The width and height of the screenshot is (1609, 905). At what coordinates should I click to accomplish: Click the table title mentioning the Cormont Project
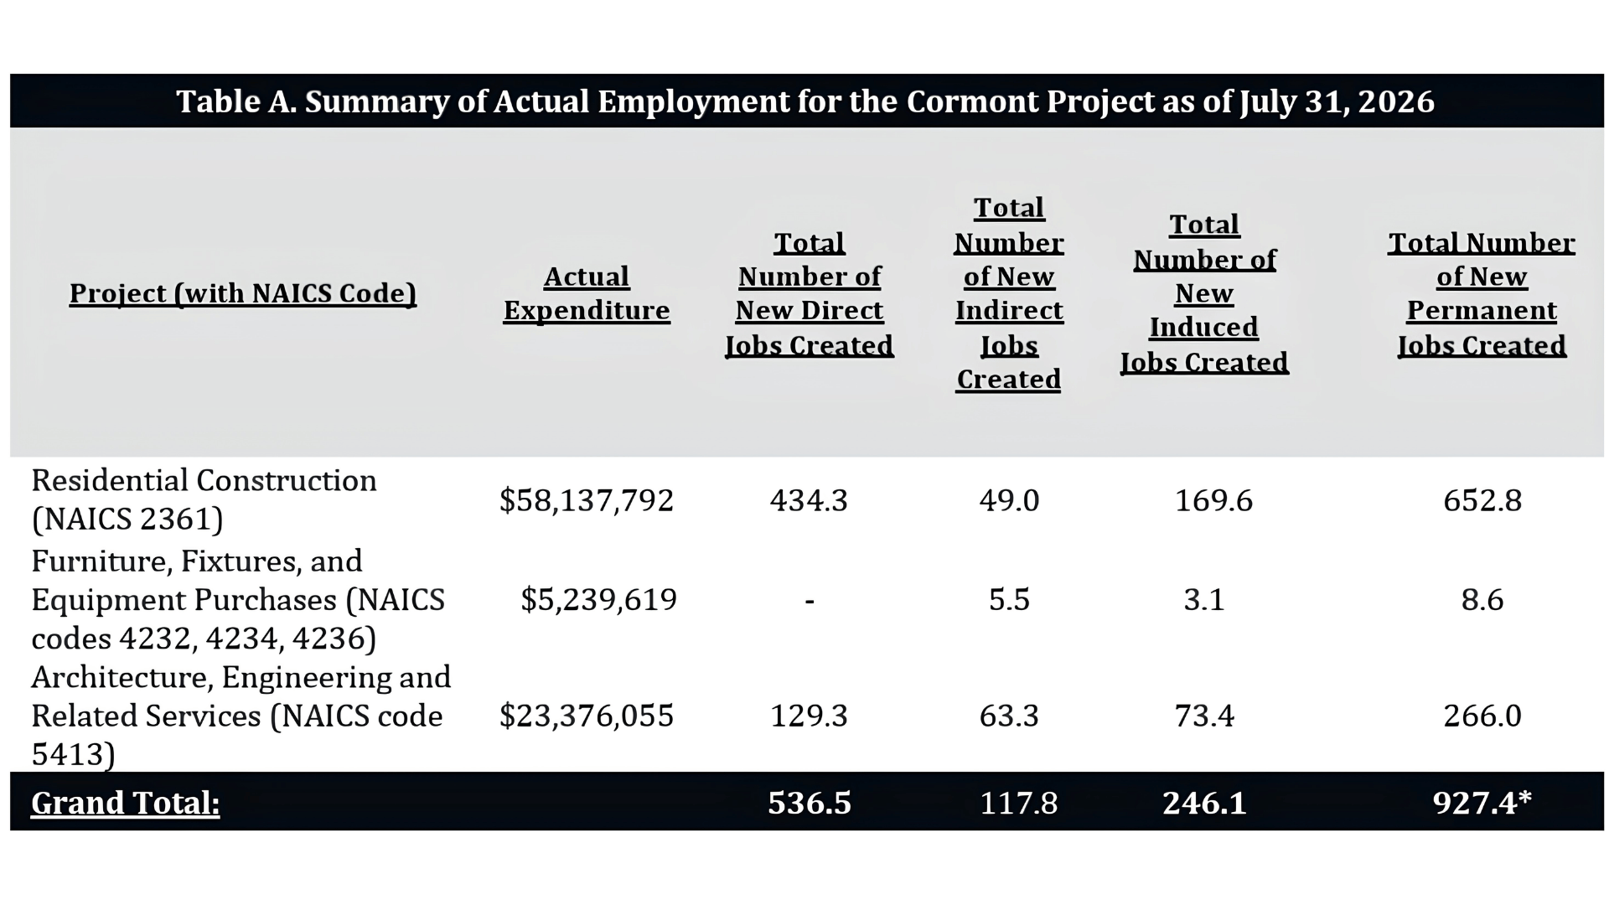tap(805, 101)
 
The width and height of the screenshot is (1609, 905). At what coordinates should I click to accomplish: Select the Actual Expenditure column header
tap(587, 293)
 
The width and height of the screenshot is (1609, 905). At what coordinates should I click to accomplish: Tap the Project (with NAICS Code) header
tap(243, 293)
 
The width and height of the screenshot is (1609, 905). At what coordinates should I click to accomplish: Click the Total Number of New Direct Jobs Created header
tap(810, 294)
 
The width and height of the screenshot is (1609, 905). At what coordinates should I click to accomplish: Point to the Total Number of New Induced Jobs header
tap(1204, 293)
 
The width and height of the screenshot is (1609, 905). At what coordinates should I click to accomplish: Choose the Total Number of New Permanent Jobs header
tap(1482, 294)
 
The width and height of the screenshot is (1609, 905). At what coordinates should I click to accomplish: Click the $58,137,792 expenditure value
tap(587, 500)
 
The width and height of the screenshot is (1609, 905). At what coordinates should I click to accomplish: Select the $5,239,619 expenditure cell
tap(598, 599)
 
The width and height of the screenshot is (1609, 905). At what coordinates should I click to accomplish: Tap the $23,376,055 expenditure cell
tap(587, 716)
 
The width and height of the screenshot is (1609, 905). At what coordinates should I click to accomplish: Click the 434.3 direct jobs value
tap(810, 500)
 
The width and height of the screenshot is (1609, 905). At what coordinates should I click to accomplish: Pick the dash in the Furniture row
tap(810, 601)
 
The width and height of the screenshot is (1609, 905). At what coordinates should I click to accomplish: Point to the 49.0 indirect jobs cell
tap(1009, 500)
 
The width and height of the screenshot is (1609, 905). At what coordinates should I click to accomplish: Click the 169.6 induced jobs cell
tap(1213, 500)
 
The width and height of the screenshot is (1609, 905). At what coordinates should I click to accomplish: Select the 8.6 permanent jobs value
tap(1482, 600)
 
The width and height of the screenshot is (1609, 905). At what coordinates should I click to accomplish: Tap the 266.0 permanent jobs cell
tap(1482, 716)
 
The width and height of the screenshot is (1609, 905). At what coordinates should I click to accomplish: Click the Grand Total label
tap(126, 803)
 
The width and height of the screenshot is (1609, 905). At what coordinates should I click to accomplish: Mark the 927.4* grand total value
tap(1482, 802)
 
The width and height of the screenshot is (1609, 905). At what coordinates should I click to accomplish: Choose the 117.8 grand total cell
tap(1019, 803)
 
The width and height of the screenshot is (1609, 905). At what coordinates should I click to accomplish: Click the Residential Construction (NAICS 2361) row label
tap(204, 499)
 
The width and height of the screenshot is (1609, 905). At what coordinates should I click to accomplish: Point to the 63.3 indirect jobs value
tap(1009, 716)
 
